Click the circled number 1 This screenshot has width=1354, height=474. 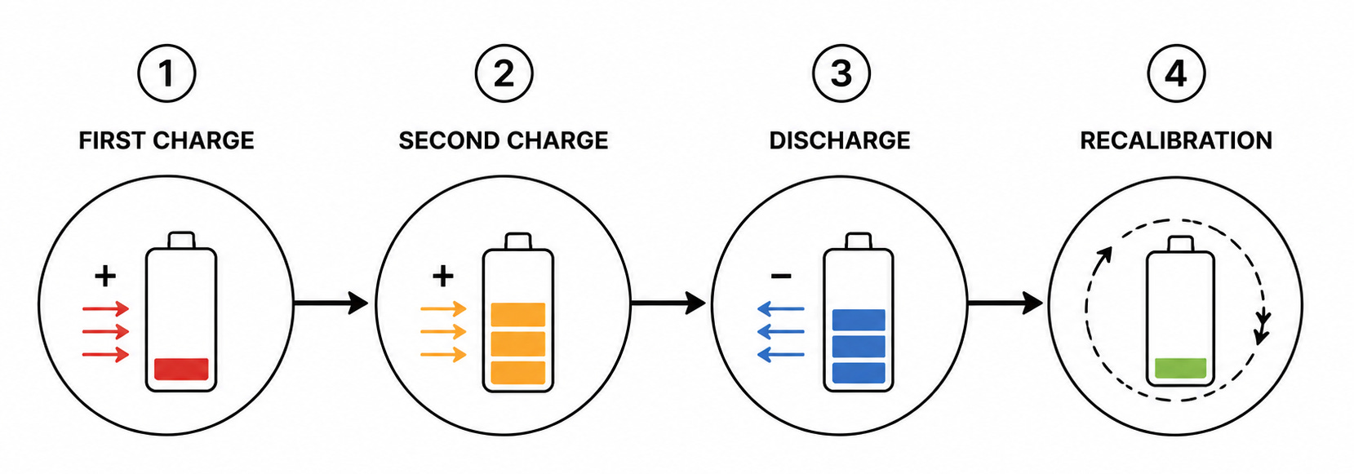click(x=166, y=73)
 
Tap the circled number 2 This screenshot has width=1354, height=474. click(x=504, y=73)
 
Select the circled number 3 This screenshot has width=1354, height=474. click(x=841, y=73)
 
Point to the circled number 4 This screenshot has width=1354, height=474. click(x=1176, y=73)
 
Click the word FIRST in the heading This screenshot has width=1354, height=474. click(x=113, y=141)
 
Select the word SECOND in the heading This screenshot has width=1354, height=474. click(x=449, y=141)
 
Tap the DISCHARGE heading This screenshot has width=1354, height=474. click(x=840, y=141)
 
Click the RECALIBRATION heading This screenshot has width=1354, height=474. click(x=1176, y=141)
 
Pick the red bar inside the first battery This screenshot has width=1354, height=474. click(x=181, y=370)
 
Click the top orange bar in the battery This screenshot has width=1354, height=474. click(x=518, y=315)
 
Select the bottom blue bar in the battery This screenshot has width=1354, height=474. click(x=859, y=372)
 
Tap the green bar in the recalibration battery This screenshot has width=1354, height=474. click(x=1180, y=368)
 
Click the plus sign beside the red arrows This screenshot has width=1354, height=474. click(x=105, y=276)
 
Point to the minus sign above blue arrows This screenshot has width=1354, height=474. click(x=781, y=277)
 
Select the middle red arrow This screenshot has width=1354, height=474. click(x=106, y=331)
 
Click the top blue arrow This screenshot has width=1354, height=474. click(x=781, y=309)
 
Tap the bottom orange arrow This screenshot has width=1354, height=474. click(x=443, y=354)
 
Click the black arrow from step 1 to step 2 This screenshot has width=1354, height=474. click(x=331, y=303)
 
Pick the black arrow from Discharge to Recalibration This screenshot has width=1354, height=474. click(x=1006, y=303)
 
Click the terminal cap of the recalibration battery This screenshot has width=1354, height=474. click(x=1180, y=244)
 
